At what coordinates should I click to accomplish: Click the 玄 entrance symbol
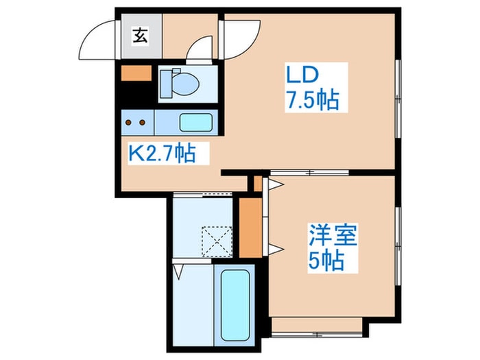coord(139,35)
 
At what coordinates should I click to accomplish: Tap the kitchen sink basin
coord(196,123)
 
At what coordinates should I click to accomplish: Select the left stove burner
coord(130,123)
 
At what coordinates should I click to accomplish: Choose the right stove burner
coord(143,123)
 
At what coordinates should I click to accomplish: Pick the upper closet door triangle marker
coord(275,184)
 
